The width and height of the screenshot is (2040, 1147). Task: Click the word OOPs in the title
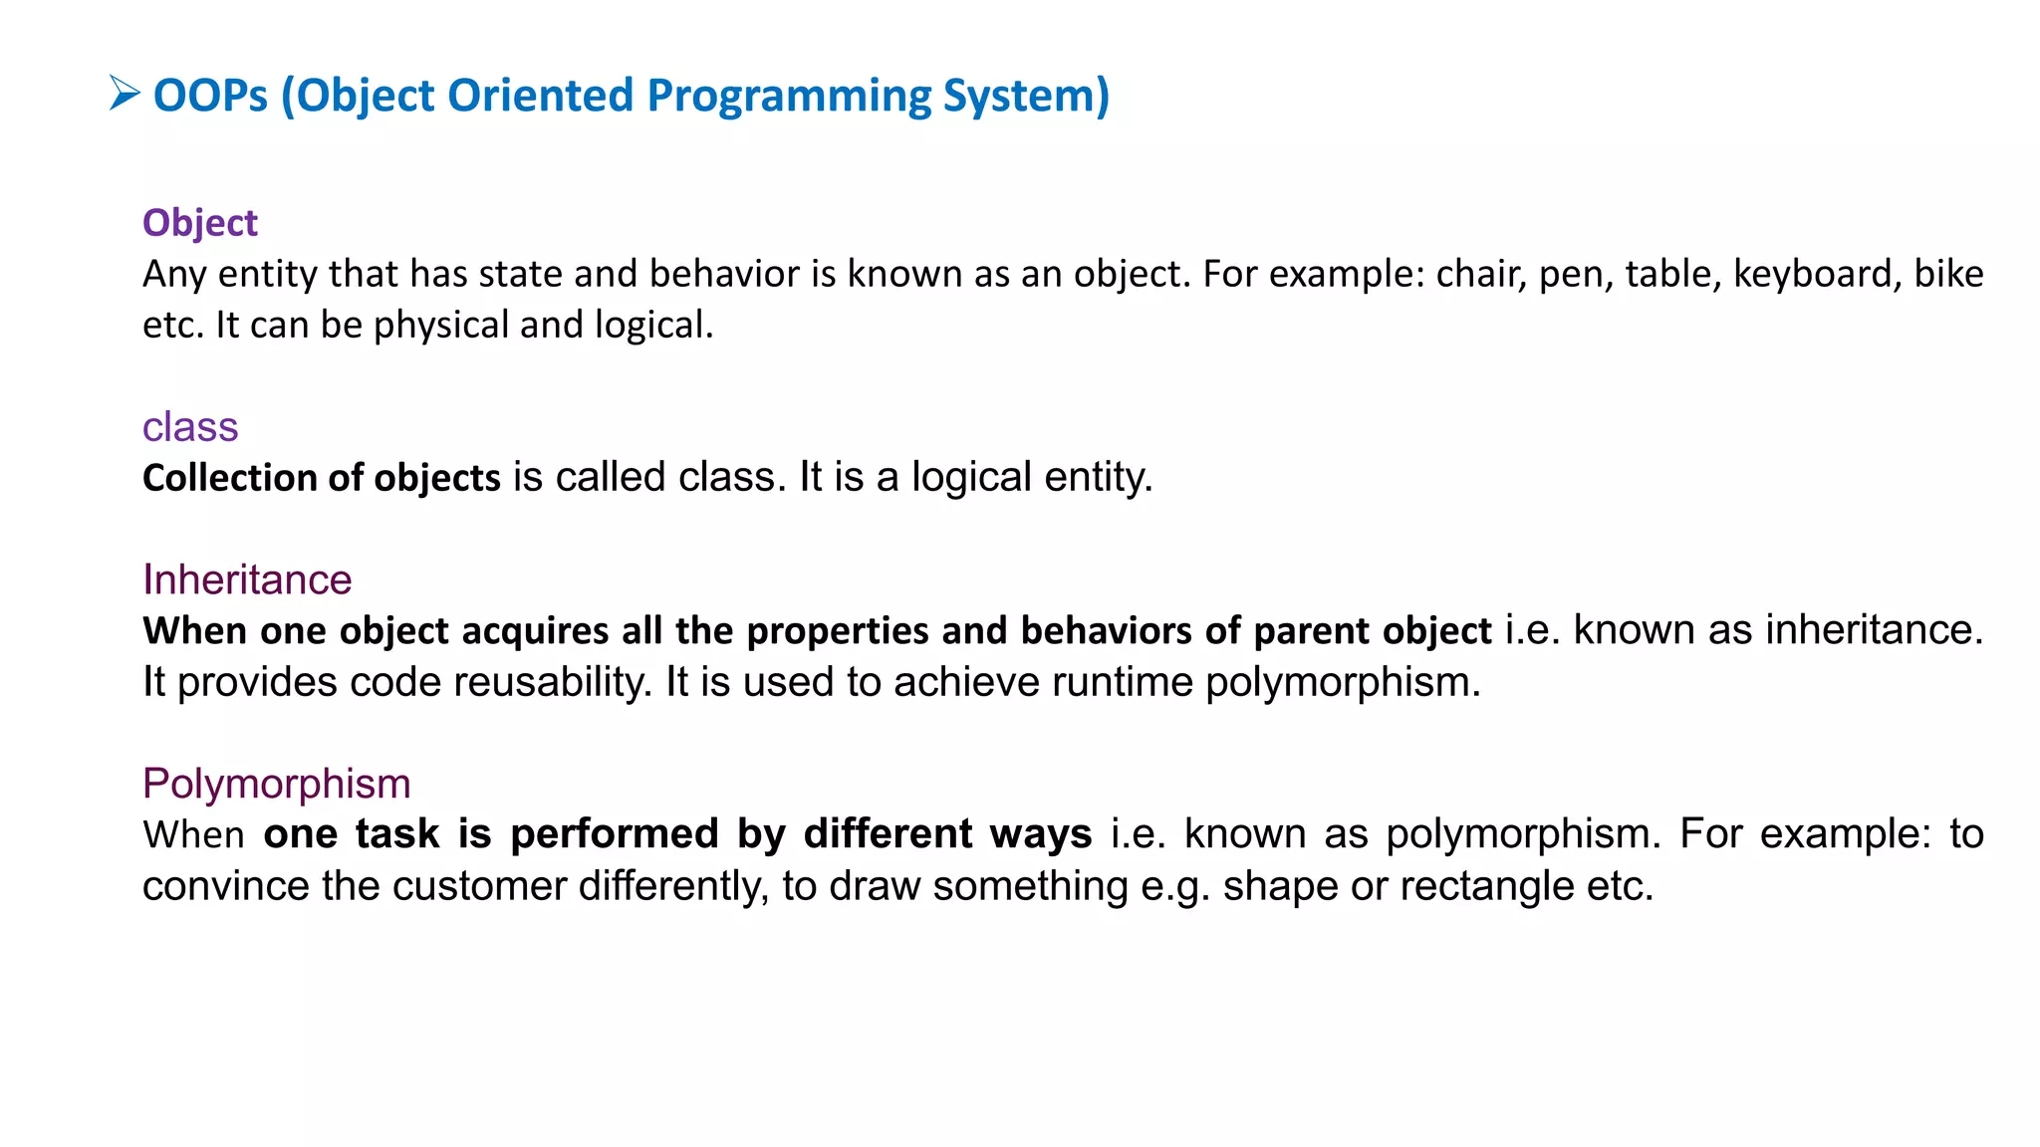click(x=210, y=96)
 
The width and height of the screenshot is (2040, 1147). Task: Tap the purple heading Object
click(x=199, y=223)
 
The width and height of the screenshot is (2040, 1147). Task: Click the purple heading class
click(x=190, y=427)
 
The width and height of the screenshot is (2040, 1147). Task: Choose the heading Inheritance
click(x=247, y=579)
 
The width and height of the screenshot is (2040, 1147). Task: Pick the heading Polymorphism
click(x=276, y=784)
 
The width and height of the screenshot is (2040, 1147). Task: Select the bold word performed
click(x=615, y=834)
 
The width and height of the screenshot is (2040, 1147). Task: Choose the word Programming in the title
click(x=788, y=96)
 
